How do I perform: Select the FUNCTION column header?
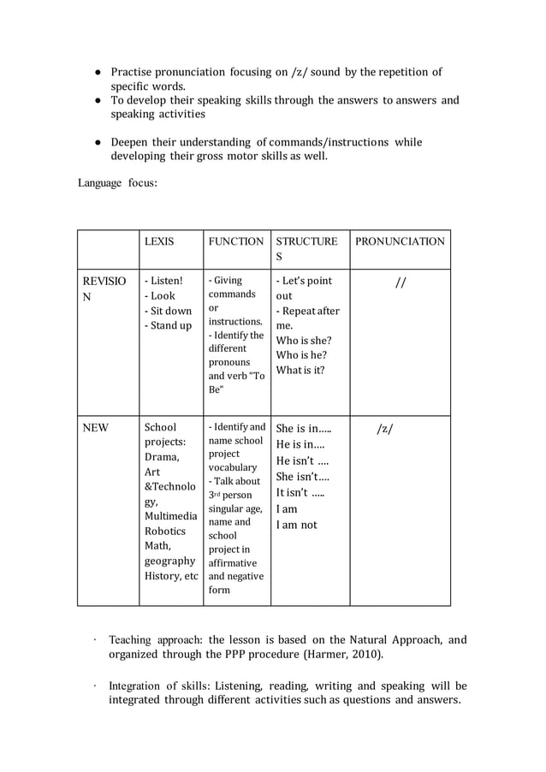[236, 241]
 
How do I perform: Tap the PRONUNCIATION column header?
[400, 241]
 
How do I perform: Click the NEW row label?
[95, 427]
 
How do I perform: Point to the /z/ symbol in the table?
[385, 428]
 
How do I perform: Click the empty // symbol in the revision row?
[400, 282]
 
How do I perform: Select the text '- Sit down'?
[168, 311]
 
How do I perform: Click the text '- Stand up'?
[168, 325]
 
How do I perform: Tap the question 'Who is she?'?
[301, 340]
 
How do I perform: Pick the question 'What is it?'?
[300, 370]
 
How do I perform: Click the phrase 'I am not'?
[296, 525]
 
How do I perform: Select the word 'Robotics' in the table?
[166, 531]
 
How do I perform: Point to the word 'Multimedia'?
[171, 516]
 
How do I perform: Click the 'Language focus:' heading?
[118, 182]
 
